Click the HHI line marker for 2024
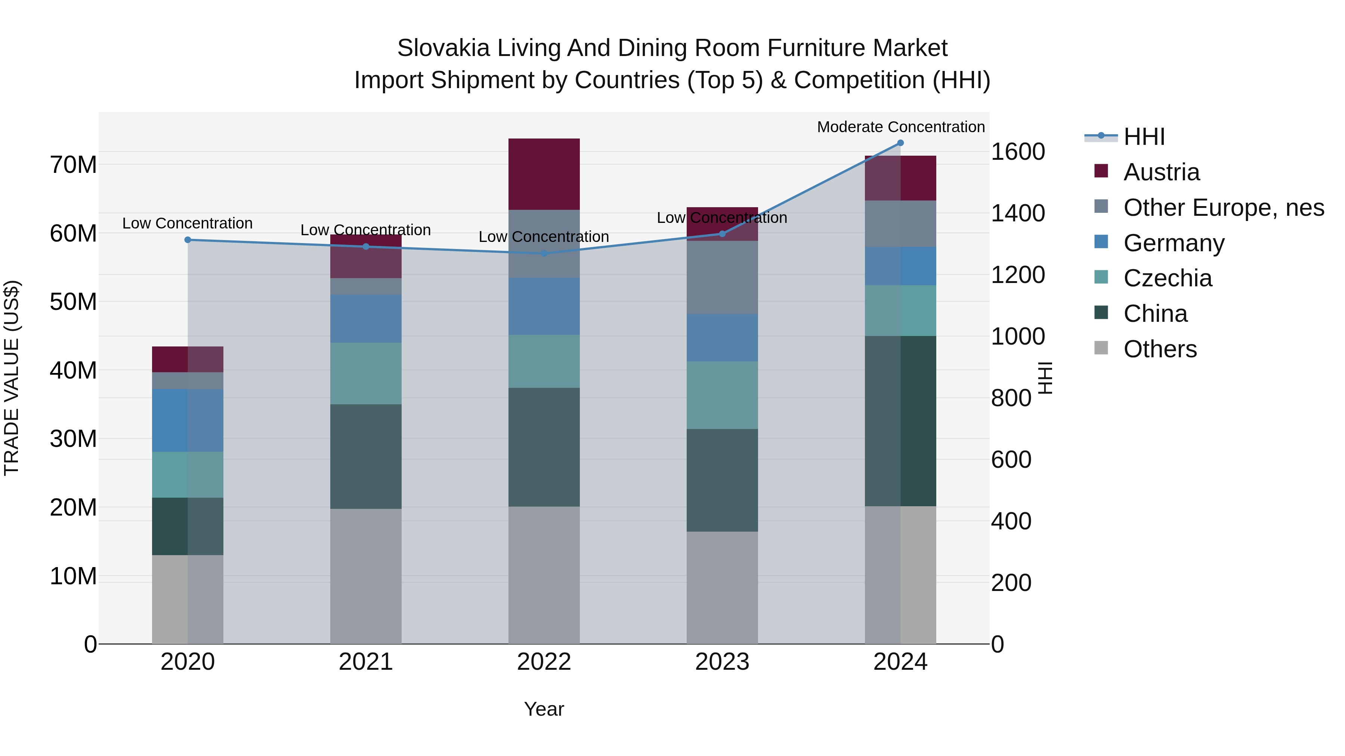pyautogui.click(x=900, y=143)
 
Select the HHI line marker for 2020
pyautogui.click(x=188, y=240)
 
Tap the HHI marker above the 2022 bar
pyautogui.click(x=544, y=253)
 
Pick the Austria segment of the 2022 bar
pyautogui.click(x=544, y=174)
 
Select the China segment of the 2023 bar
pyautogui.click(x=722, y=480)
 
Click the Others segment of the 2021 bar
pyautogui.click(x=365, y=576)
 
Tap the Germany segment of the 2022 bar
pyautogui.click(x=544, y=306)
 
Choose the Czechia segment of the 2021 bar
pyautogui.click(x=365, y=374)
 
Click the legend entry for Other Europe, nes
pyautogui.click(x=1223, y=208)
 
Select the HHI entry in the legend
pyautogui.click(x=1144, y=137)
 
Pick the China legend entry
pyautogui.click(x=1155, y=314)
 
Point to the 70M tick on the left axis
pyautogui.click(x=73, y=165)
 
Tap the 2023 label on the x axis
pyautogui.click(x=722, y=662)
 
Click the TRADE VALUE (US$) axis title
pyautogui.click(x=12, y=378)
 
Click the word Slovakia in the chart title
pyautogui.click(x=443, y=48)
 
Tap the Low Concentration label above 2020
pyautogui.click(x=188, y=223)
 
